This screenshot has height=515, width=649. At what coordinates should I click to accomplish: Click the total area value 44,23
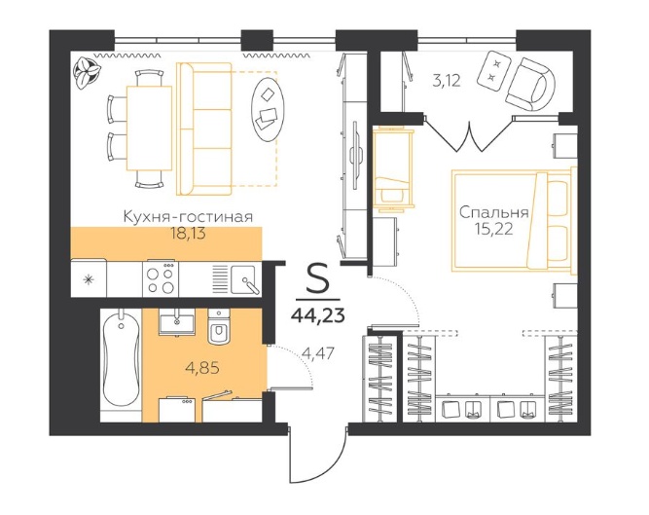click(x=318, y=315)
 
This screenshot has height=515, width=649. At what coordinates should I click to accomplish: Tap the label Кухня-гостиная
click(x=189, y=216)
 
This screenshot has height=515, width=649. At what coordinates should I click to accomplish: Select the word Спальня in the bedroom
click(x=494, y=213)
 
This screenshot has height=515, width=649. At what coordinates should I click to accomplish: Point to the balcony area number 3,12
click(x=447, y=80)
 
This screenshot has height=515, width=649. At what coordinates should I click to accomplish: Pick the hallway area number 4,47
click(x=318, y=353)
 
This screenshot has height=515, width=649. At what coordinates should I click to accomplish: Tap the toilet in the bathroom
click(x=218, y=327)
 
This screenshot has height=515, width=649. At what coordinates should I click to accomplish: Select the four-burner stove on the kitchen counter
click(x=161, y=278)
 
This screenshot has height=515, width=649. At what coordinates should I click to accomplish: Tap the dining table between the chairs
click(x=149, y=128)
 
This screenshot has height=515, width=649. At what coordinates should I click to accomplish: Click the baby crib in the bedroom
click(x=393, y=168)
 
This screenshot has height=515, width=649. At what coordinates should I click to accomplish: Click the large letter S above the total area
click(x=318, y=279)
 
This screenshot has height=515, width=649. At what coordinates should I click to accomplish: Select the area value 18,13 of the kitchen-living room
click(x=189, y=235)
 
